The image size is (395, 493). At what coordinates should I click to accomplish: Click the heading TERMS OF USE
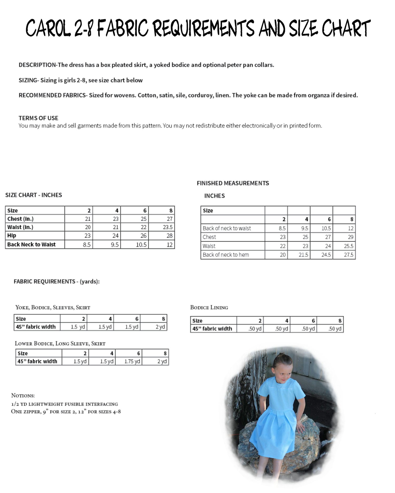pyautogui.click(x=38, y=118)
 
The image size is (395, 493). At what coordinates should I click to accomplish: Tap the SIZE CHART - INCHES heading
pyautogui.click(x=34, y=195)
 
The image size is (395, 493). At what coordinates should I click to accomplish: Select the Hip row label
pyautogui.click(x=12, y=236)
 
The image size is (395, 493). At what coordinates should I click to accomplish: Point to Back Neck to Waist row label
pyautogui.click(x=31, y=245)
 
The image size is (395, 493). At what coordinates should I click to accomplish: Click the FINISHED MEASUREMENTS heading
pyautogui.click(x=233, y=183)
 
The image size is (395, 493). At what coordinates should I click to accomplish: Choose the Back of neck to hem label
pyautogui.click(x=226, y=255)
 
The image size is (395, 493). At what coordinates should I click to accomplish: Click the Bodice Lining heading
pyautogui.click(x=209, y=307)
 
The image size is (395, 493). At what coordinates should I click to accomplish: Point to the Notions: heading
pyautogui.click(x=23, y=395)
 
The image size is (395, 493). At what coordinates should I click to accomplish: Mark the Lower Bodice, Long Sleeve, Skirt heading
pyautogui.click(x=60, y=343)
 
